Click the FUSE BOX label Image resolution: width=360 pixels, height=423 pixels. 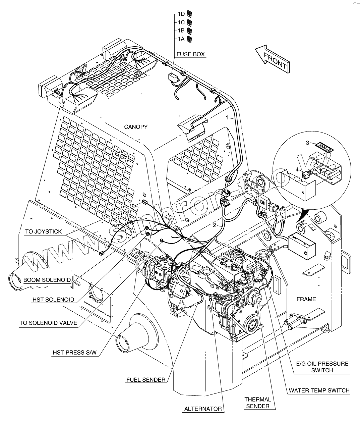coord(190,54)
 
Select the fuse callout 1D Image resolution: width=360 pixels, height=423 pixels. coord(181,14)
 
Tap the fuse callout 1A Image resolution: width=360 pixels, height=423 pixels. coord(181,39)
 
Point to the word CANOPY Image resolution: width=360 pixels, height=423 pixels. coord(136,127)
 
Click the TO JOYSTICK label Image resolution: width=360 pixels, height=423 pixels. coord(43,231)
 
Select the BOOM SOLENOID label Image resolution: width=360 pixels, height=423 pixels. coord(47,280)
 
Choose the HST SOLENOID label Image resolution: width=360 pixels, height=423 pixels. coord(53,300)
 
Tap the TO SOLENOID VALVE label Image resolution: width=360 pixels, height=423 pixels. coord(48,323)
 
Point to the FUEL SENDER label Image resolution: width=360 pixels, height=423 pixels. coord(146,380)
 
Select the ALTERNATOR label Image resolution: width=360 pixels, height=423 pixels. coord(203,409)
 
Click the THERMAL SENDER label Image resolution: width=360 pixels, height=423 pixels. coord(257,403)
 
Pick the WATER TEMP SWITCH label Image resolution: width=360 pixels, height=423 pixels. coord(319,390)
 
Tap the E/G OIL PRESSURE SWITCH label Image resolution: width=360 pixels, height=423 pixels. coord(322,367)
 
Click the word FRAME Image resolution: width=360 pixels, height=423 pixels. coord(306,299)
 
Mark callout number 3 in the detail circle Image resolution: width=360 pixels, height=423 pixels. coord(307,143)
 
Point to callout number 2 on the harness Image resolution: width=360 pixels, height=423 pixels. coord(215,225)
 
